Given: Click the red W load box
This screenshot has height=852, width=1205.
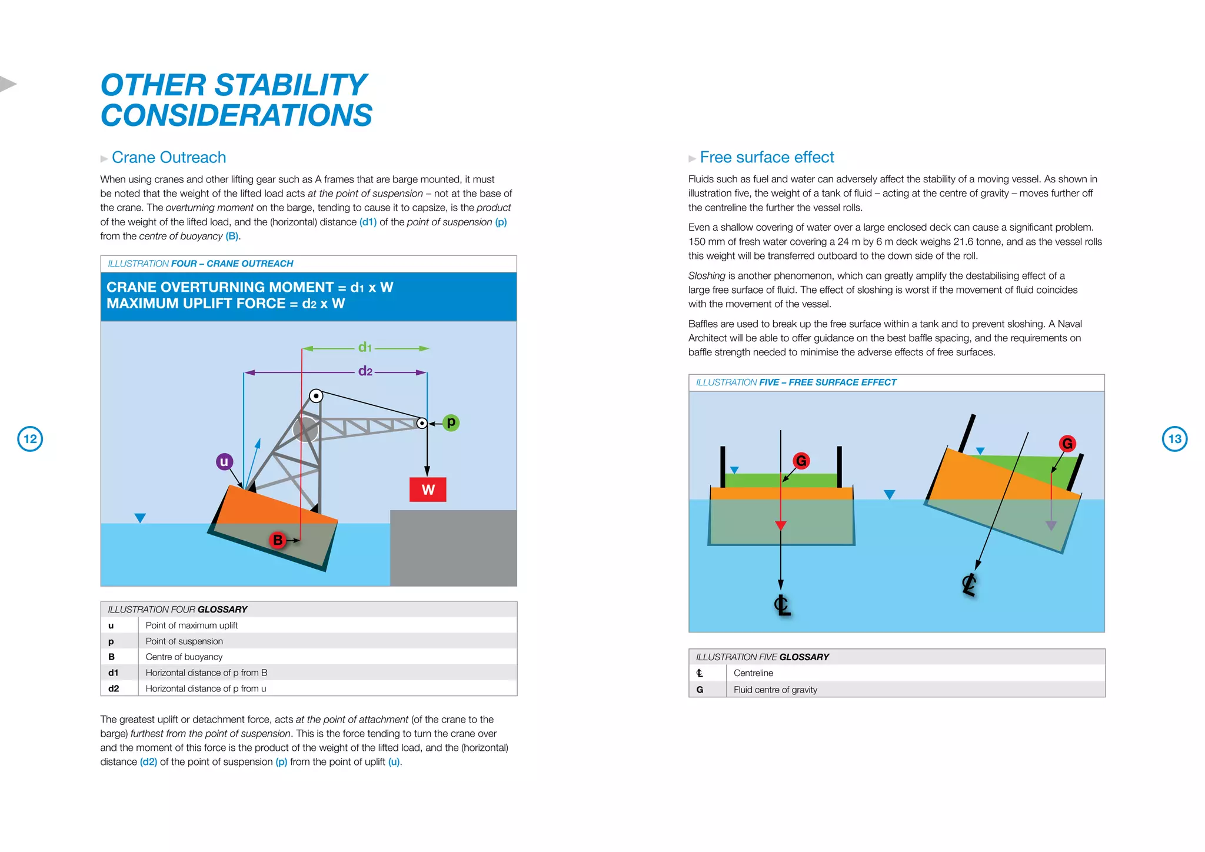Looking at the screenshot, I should tap(428, 490).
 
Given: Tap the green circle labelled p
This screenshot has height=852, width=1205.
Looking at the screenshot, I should tap(451, 422).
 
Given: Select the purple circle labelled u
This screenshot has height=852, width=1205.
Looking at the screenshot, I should tap(224, 462).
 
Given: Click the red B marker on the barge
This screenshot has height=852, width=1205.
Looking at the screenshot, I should tap(278, 540).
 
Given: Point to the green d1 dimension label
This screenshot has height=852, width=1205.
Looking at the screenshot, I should tap(365, 348).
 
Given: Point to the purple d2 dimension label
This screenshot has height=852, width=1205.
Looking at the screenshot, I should tap(365, 371).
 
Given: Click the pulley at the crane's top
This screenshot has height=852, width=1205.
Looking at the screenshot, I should tap(316, 396).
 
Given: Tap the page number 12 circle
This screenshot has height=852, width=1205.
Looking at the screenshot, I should tap(30, 439).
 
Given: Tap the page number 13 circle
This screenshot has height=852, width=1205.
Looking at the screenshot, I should tap(1174, 439).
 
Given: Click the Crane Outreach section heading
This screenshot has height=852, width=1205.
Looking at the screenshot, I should tap(169, 158).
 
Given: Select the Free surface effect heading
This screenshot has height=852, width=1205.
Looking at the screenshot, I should tap(767, 158).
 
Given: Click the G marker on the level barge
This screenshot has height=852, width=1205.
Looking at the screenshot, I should tap(801, 461).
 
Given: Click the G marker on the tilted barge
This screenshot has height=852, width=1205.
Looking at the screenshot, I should tap(1067, 444).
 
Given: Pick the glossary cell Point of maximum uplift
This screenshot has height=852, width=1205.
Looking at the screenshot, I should tap(192, 625).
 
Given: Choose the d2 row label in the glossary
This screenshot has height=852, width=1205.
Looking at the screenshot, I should tap(114, 688).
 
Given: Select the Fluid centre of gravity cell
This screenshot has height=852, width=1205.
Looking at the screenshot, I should tap(775, 690).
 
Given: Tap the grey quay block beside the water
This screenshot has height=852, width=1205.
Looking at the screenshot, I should tap(453, 547).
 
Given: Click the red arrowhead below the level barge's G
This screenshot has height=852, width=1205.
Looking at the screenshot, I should tap(781, 525).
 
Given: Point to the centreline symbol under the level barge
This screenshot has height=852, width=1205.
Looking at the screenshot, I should tap(782, 605).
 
